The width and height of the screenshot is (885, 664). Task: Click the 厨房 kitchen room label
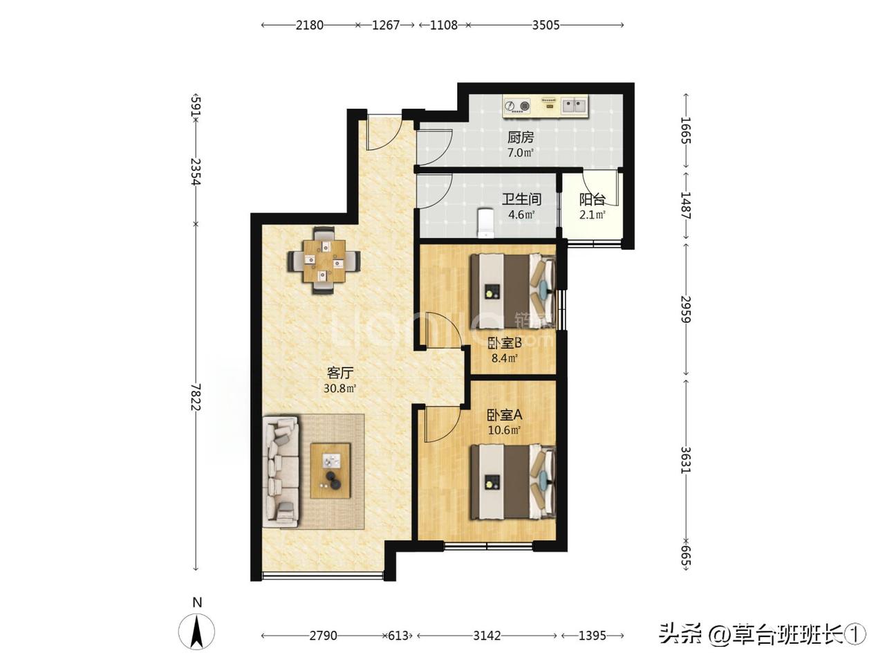[x=521, y=138]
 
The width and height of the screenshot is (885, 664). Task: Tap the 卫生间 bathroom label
[x=521, y=199]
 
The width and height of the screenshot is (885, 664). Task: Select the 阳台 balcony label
[x=593, y=200]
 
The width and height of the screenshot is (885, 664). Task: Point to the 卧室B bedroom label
[x=505, y=343]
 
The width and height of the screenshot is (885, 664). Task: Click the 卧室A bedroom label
[x=505, y=414]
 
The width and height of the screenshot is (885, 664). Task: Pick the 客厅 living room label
[x=340, y=373]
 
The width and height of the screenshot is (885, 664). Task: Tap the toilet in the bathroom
[x=485, y=223]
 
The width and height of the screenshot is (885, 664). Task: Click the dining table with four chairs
[x=324, y=261]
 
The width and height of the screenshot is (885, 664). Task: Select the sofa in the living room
[x=281, y=472]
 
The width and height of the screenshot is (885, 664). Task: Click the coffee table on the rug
[x=330, y=471]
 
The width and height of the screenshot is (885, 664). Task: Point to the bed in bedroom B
[x=513, y=290]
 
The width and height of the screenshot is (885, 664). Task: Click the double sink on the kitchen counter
[x=574, y=106]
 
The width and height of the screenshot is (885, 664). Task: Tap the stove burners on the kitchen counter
[x=518, y=106]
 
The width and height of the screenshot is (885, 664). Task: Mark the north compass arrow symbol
[x=197, y=632]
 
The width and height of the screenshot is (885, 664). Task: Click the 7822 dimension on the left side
[x=196, y=397]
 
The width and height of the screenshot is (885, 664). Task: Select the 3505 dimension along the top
[x=546, y=26]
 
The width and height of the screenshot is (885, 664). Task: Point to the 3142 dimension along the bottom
[x=487, y=636]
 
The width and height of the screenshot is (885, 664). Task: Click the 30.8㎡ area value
[x=340, y=388]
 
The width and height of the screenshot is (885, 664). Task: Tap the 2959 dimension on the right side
[x=686, y=310]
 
